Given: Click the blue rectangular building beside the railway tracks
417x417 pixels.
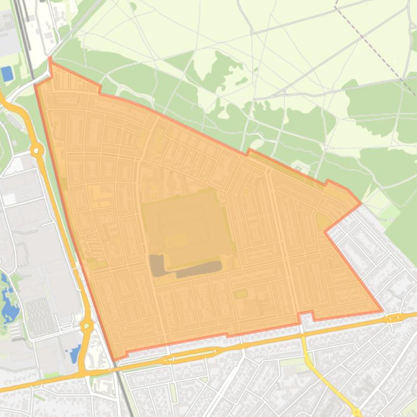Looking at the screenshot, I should point(8,74).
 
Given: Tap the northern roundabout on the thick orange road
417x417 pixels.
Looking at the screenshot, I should point(37,150).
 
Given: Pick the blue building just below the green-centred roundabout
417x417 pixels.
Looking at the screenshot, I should point(75,355).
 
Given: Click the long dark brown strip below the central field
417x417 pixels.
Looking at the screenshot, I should point(199,269).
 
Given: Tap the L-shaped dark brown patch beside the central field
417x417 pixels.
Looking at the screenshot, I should point(158,266).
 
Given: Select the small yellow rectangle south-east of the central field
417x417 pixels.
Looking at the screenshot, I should point(241,294).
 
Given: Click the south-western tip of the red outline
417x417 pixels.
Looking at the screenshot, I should point(114,359).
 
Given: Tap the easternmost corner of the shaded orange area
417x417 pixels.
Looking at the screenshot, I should point(382,311).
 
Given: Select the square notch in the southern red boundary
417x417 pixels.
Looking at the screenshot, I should point(306,315).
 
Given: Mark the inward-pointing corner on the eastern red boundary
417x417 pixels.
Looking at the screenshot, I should point(325,232).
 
